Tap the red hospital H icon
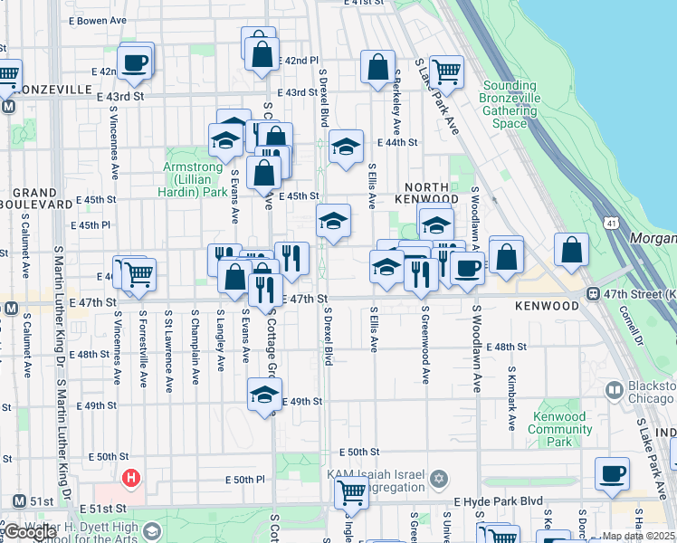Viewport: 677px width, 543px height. (x=132, y=477)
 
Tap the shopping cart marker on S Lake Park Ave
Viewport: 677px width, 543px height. (x=445, y=70)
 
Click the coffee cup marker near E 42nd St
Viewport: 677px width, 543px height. (x=135, y=62)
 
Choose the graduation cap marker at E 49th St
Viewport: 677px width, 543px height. (x=264, y=395)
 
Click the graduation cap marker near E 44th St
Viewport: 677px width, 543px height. (x=345, y=147)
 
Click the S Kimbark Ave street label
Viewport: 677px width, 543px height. (x=512, y=398)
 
